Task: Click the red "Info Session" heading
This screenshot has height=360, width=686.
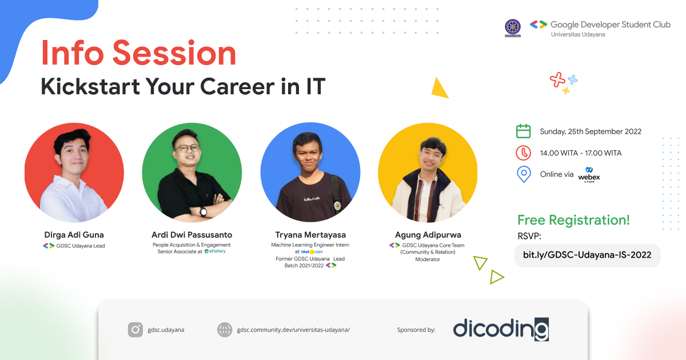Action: click(x=138, y=54)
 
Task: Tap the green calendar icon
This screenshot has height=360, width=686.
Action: click(x=523, y=131)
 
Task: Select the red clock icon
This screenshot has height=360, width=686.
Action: click(x=523, y=153)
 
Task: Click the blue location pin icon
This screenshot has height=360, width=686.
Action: click(x=523, y=174)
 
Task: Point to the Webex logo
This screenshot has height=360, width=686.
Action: click(x=589, y=174)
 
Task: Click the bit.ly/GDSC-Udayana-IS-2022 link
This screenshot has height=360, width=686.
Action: click(x=587, y=255)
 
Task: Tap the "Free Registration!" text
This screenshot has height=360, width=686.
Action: click(x=573, y=220)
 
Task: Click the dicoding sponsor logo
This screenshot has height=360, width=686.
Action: click(x=501, y=329)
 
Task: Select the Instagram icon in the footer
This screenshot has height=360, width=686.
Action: click(x=135, y=329)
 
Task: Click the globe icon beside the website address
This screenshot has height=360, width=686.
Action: click(x=225, y=329)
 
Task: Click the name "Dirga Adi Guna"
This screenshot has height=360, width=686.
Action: click(x=74, y=235)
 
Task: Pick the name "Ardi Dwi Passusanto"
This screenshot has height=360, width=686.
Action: click(x=192, y=235)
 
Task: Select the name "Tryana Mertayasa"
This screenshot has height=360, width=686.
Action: click(x=310, y=235)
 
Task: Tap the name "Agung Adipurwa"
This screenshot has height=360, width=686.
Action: click(x=428, y=235)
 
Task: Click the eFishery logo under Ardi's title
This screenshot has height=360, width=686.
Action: click(x=215, y=251)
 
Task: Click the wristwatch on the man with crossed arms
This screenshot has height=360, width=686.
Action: click(x=203, y=212)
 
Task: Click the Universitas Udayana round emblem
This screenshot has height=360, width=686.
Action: click(x=513, y=27)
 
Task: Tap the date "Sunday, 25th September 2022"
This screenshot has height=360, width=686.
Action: click(x=591, y=131)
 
